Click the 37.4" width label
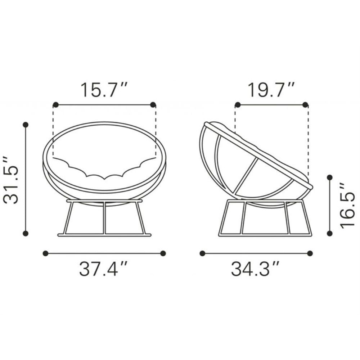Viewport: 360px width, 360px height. pos(103,269)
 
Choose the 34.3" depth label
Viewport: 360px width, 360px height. pos(255,269)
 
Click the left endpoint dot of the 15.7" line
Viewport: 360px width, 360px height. pos(55,105)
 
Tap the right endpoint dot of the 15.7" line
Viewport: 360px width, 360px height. pos(153,105)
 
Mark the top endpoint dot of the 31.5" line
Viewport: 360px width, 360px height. pos(26,125)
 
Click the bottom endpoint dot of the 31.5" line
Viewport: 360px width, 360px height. pos(26,234)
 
